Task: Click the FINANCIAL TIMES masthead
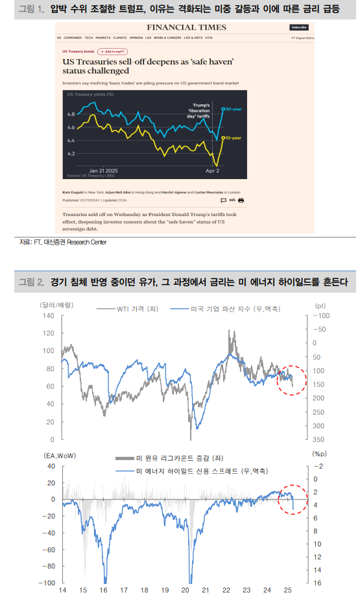click(186, 27)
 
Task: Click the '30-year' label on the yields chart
click(233, 109)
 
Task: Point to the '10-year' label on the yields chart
click(233, 138)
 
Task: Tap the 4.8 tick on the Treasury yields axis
click(71, 114)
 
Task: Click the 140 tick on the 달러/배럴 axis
click(49, 316)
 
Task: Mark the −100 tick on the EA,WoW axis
click(46, 583)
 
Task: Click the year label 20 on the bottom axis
click(186, 591)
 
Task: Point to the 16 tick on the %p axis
click(317, 583)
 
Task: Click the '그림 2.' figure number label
click(30, 282)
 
